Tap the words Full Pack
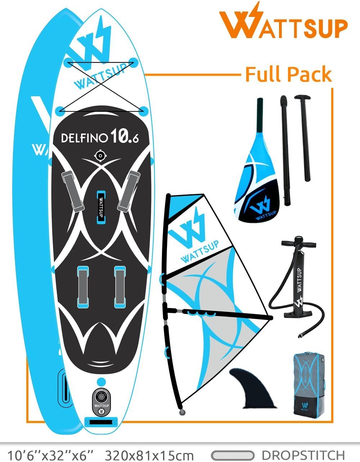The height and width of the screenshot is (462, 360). click(x=288, y=75)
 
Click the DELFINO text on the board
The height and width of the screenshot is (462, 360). click(x=85, y=138)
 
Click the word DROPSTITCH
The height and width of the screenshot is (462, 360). click(x=303, y=455)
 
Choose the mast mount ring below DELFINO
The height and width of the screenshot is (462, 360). click(x=100, y=156)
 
